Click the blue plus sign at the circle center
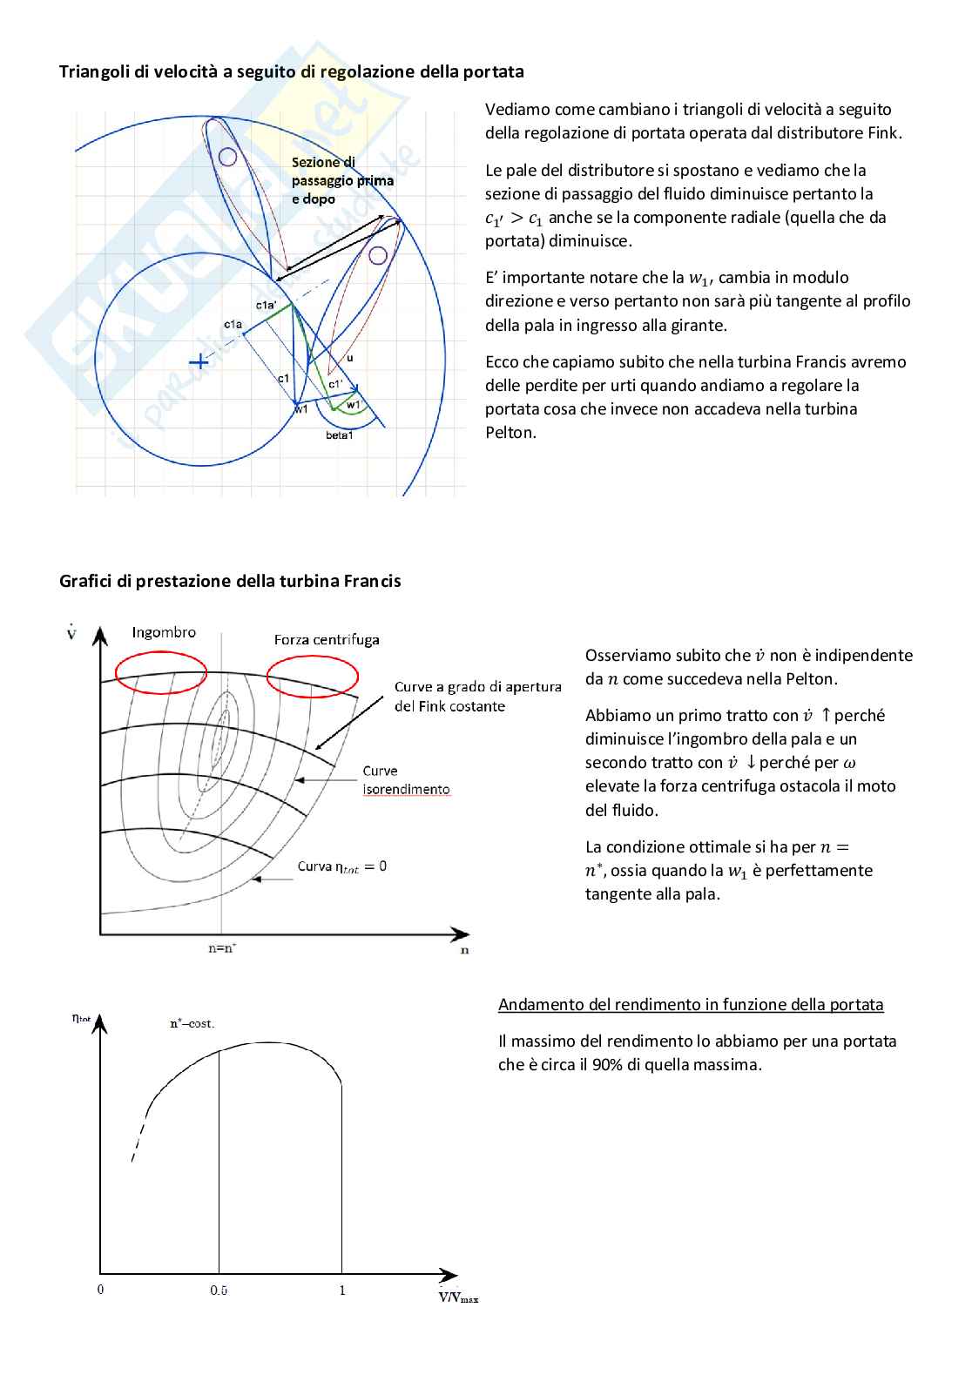199,361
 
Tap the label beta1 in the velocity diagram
339,435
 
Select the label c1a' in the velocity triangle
267,306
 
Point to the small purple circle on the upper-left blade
227,157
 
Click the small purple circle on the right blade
377,255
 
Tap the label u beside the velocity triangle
350,357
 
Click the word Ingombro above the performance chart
164,632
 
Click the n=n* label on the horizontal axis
222,948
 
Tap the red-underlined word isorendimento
406,789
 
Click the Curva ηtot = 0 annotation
342,866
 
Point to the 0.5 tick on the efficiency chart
219,1291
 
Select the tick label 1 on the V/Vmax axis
342,1290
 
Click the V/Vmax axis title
458,1297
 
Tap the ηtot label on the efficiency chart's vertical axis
81,1017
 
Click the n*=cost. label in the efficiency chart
192,1023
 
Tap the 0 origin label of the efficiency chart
100,1290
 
